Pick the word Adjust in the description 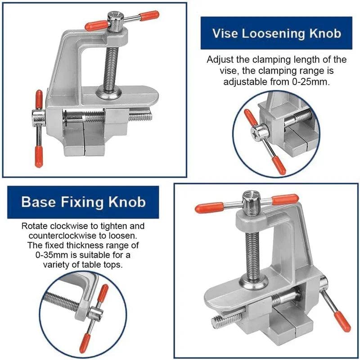(219, 60)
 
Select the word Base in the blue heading (38, 202)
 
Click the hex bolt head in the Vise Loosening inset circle (260, 132)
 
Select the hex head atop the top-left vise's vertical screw (115, 22)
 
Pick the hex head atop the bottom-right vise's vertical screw (250, 201)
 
